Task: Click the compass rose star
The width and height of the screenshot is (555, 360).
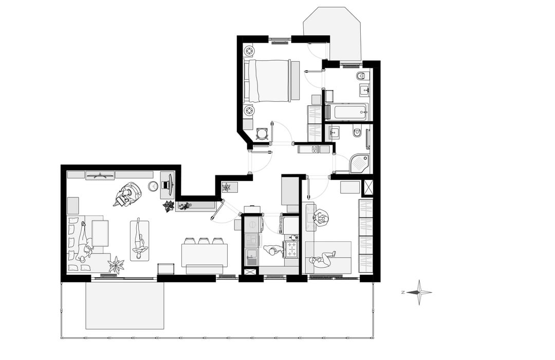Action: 419,292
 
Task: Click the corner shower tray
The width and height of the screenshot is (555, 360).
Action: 360,164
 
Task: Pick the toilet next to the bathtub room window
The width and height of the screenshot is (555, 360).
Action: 361,76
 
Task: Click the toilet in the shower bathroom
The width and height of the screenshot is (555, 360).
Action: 357,133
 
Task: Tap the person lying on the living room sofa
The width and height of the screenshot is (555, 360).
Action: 85,244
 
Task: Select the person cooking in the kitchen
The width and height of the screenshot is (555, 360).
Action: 272,250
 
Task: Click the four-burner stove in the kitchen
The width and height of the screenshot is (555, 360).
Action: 292,249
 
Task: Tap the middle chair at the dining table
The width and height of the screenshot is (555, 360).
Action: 203,241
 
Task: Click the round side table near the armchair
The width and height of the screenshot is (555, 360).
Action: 153,186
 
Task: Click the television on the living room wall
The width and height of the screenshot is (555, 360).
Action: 100,175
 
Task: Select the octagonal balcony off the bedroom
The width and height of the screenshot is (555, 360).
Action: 331,33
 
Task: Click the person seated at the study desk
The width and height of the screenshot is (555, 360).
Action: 321,218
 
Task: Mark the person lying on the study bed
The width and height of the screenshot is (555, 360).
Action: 322,260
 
